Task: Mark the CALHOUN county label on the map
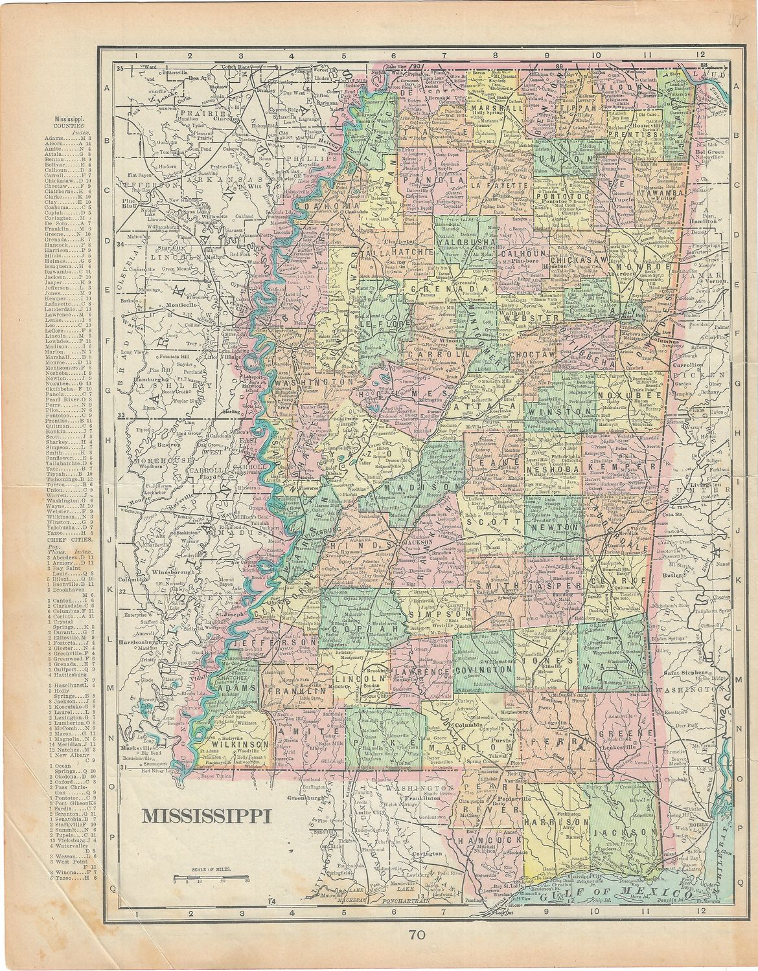524,254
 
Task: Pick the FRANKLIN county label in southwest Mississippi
286,691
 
